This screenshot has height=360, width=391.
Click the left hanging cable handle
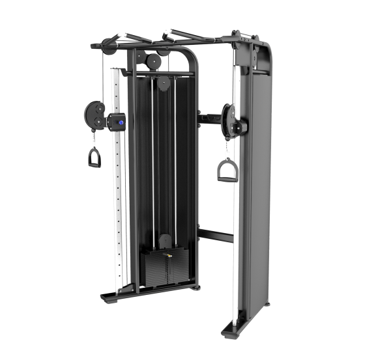(x=95, y=158)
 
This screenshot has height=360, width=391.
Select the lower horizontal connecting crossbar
(x=214, y=234)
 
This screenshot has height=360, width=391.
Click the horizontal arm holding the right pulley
(x=207, y=118)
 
